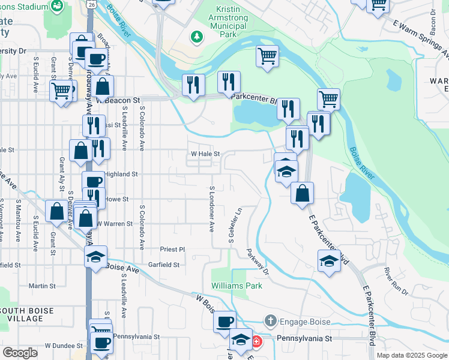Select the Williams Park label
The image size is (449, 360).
point(237,286)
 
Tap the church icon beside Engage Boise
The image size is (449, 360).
point(271,322)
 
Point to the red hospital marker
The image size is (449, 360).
point(257,341)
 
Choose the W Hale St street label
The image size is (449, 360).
point(206,154)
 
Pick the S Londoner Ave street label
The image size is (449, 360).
point(212,209)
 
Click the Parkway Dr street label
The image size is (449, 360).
point(259,262)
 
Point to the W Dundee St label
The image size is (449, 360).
point(64,346)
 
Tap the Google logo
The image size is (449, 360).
point(20,353)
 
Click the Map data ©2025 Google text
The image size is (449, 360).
point(411,355)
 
